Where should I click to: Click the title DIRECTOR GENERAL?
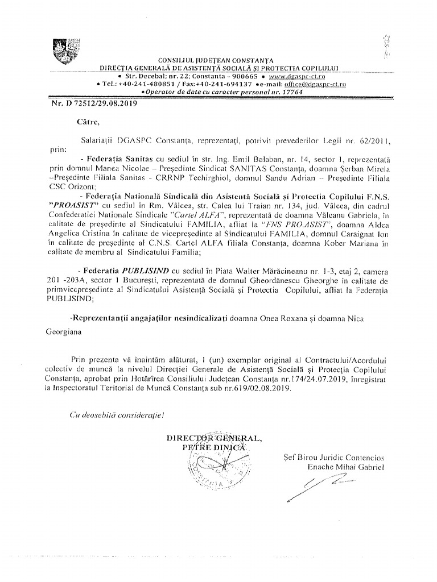pyautogui.click(x=215, y=438)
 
